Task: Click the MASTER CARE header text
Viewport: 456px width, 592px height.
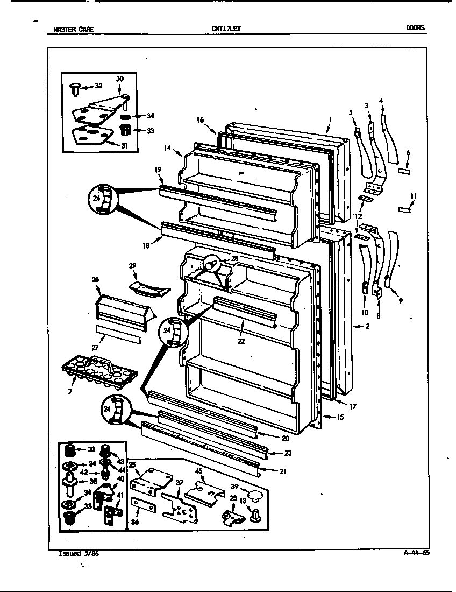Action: tap(73, 29)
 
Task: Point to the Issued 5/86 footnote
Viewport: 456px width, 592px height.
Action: tap(79, 553)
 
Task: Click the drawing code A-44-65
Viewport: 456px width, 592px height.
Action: tap(416, 552)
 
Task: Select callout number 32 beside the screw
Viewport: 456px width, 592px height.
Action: tap(98, 85)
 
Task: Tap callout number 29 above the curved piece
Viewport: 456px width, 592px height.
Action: tap(132, 266)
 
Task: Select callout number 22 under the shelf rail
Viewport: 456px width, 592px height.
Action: tap(241, 341)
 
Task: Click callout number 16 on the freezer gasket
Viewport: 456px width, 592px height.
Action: tap(199, 121)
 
